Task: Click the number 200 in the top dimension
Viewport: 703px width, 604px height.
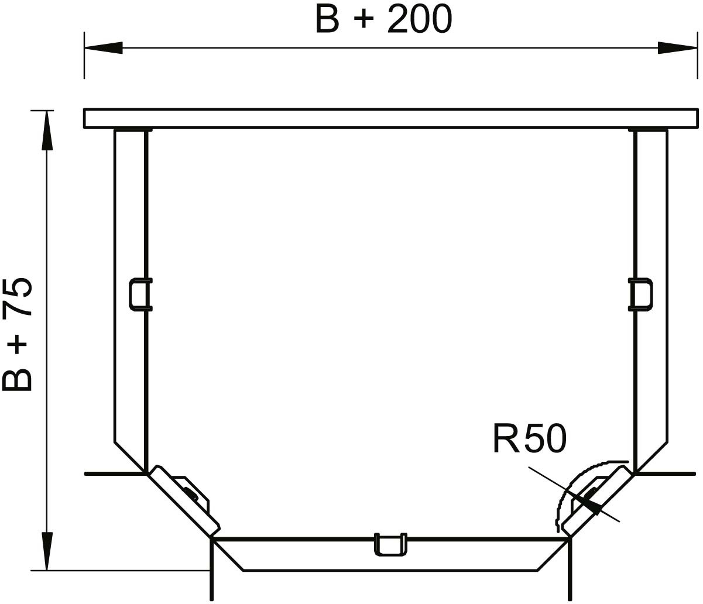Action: [420, 19]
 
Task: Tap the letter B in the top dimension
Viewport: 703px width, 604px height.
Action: [328, 19]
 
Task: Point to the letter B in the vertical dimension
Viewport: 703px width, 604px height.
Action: [17, 379]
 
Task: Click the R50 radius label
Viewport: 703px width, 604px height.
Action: [530, 439]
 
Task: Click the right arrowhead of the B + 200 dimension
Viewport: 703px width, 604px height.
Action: [677, 47]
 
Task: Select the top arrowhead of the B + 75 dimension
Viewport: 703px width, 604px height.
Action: [47, 130]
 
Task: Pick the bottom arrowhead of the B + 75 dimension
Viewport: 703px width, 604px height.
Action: [47, 551]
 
